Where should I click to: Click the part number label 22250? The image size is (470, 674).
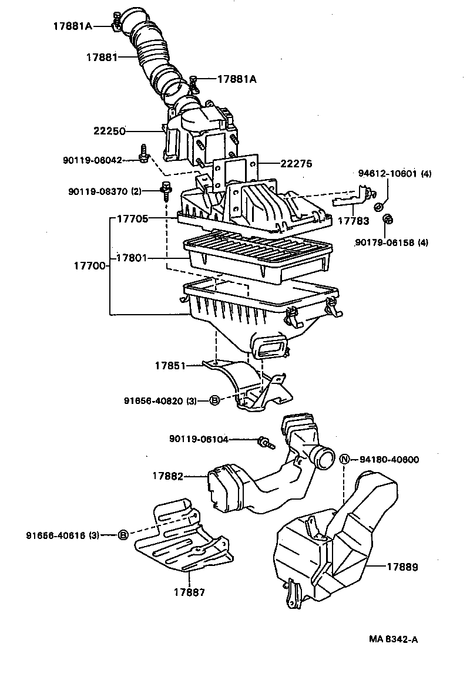109,132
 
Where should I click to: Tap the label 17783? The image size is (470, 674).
354,221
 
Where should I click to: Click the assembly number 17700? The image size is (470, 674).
89,266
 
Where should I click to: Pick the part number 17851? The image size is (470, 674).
170,366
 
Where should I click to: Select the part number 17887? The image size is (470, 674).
189,592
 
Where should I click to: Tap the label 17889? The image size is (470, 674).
402,567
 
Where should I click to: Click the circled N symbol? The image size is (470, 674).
345,459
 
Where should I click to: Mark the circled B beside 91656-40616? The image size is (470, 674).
123,535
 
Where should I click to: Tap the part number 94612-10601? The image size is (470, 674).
387,174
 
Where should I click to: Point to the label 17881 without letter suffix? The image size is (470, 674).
102,57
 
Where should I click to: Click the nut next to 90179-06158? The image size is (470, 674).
387,220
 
